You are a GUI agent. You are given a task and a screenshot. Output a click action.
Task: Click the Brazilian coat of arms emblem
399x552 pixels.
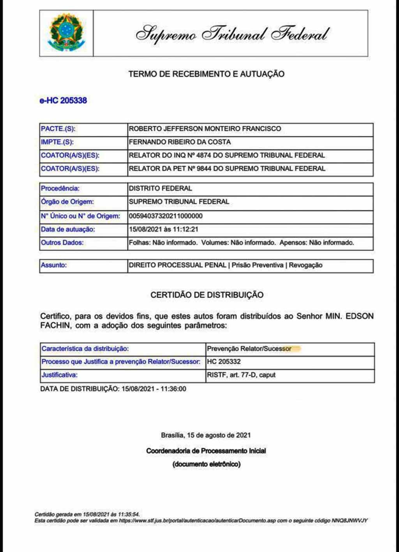coord(66,33)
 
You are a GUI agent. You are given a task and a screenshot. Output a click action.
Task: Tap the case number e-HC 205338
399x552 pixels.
coord(63,101)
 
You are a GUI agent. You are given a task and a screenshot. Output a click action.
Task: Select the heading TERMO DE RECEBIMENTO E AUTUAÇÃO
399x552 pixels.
coord(207,74)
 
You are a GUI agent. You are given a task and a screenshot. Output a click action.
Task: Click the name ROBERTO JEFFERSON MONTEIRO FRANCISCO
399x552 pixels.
coord(205,129)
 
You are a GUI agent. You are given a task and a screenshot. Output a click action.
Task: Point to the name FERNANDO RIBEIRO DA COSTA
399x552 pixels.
coord(180,142)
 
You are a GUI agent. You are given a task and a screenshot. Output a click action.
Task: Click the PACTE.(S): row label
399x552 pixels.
coord(58,129)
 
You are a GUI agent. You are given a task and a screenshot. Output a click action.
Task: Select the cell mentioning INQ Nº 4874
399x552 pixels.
coord(227,155)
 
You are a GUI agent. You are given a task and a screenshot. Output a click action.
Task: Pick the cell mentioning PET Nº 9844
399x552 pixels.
coord(227,169)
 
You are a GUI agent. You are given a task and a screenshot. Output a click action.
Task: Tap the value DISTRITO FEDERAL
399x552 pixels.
coord(161,189)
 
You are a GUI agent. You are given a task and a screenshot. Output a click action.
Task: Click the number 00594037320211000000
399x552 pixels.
coord(166,216)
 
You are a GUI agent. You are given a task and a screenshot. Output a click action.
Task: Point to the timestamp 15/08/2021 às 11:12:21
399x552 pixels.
coord(164,229)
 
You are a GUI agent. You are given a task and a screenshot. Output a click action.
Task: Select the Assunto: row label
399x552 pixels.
coord(54,265)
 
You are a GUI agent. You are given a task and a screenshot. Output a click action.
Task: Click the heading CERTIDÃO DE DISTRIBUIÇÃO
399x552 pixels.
coord(207,295)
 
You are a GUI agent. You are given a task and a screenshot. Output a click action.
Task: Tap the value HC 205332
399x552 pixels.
coord(224,362)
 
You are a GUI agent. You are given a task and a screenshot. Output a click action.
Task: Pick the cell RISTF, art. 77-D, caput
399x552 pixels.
coord(241,375)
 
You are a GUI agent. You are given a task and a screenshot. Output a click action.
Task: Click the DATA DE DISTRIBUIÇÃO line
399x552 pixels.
coord(113,389)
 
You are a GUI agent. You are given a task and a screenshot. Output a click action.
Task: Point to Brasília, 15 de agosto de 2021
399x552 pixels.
coord(206,435)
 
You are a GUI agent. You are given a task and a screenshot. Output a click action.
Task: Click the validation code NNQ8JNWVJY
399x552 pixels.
coord(350,520)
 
